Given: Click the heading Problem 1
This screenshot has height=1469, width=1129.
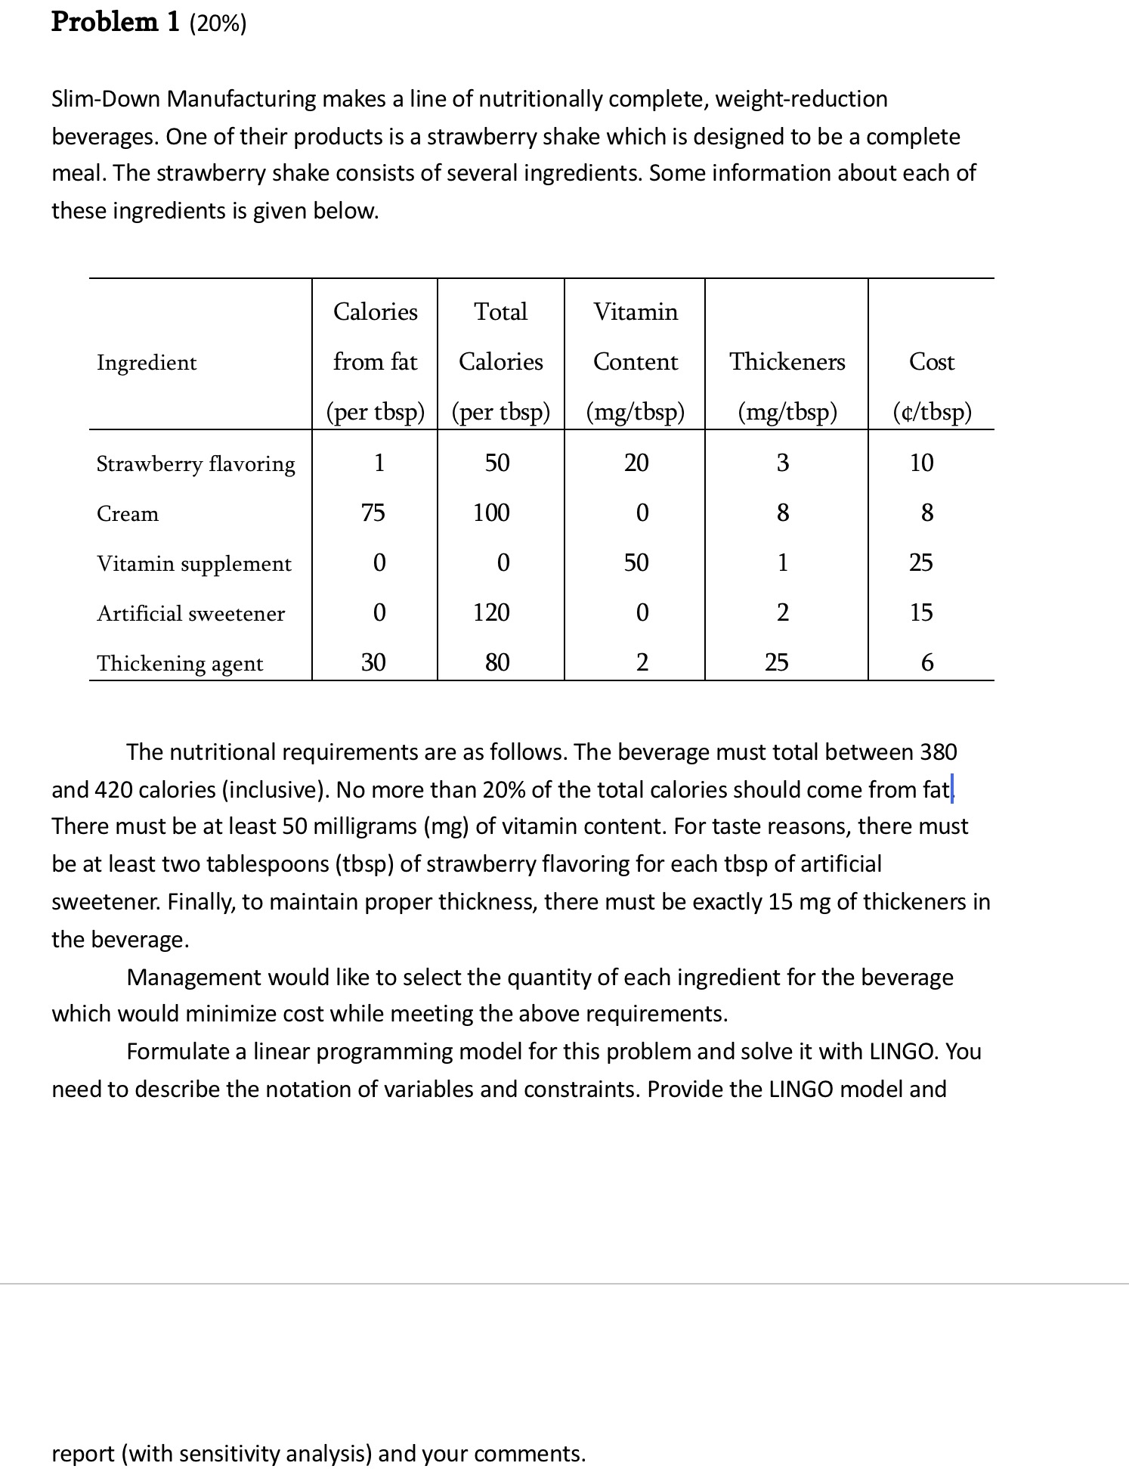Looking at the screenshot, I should tap(115, 23).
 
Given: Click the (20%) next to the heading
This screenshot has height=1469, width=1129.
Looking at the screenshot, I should tap(218, 24).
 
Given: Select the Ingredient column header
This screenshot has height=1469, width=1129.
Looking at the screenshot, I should tap(147, 363).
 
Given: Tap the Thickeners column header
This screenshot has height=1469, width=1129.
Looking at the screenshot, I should tap(787, 362).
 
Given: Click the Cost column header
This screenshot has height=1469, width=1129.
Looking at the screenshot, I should tap(931, 362).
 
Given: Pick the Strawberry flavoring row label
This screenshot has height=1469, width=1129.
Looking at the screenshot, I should tap(196, 463).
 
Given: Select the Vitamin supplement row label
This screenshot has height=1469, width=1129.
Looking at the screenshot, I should tap(193, 564).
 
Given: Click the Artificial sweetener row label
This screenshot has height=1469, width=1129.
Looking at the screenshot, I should tap(190, 613).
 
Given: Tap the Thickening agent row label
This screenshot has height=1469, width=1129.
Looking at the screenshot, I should tap(180, 663).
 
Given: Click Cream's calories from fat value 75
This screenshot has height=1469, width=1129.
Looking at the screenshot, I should tap(373, 513).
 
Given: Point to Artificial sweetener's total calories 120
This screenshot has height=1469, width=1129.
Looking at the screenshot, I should tap(491, 612).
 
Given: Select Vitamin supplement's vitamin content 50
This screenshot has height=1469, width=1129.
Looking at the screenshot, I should tap(636, 563).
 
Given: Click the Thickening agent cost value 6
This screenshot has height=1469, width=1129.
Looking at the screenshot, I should tap(927, 663).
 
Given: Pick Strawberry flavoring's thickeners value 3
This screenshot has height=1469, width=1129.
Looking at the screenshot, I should tap(782, 463).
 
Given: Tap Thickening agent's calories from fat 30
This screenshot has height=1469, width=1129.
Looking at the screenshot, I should tap(373, 663).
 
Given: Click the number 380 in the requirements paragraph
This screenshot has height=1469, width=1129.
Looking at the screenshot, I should tap(938, 752).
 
